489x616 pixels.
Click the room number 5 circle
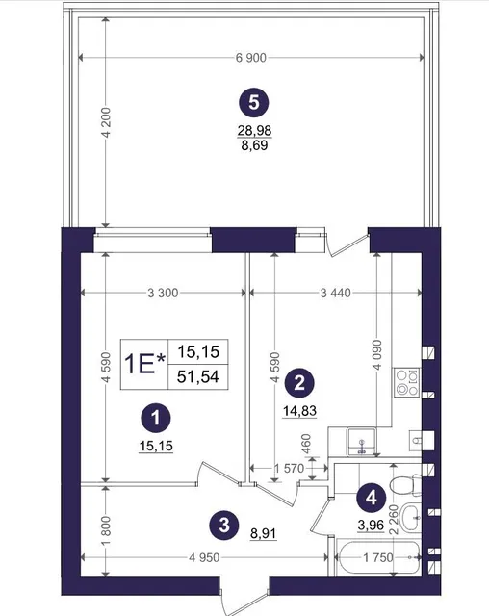(254, 103)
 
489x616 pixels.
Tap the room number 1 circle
(156, 418)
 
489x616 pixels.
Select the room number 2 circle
(299, 382)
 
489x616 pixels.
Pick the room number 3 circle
(224, 525)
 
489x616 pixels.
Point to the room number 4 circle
(372, 498)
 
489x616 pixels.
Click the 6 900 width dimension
(251, 58)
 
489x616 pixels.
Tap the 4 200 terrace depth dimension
(106, 122)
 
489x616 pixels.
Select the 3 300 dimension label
(163, 293)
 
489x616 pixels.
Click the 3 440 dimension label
(335, 293)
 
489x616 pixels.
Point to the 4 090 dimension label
(377, 355)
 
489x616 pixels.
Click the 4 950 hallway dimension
(204, 557)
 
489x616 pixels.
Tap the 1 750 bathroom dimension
(378, 557)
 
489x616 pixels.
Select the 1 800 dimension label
(106, 530)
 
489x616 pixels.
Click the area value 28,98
(254, 130)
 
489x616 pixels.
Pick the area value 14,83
(299, 411)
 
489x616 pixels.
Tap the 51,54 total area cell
(198, 376)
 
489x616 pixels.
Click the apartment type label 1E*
(144, 364)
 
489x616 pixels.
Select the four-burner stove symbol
(407, 382)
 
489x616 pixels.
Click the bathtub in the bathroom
(378, 558)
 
